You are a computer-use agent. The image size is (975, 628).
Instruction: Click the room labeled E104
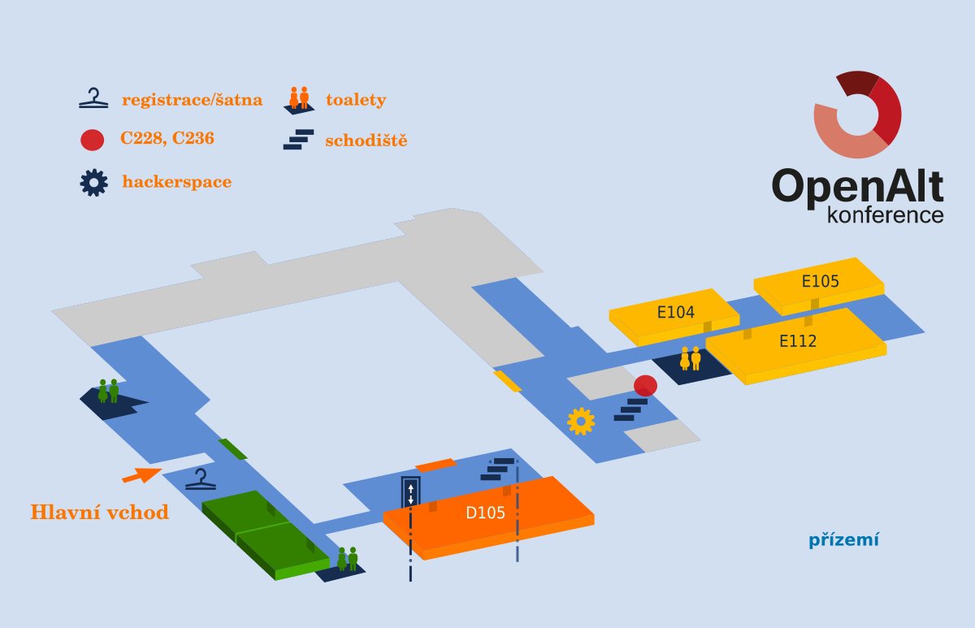point(675,312)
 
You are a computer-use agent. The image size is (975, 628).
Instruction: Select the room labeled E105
point(820,282)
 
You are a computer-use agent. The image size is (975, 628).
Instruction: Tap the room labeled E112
point(797,341)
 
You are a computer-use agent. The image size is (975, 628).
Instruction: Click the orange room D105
point(486,513)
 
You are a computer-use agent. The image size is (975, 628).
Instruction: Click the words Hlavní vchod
point(99,513)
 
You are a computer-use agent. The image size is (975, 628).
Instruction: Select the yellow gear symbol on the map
point(581,421)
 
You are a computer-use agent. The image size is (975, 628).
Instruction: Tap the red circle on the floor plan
point(645,385)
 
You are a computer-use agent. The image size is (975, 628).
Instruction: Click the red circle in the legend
point(93,140)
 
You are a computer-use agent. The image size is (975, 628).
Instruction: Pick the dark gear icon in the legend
point(93,182)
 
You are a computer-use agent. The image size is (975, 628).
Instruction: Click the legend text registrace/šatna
point(192,100)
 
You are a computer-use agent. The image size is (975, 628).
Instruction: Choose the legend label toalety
point(355,100)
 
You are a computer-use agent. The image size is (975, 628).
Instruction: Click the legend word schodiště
point(366,141)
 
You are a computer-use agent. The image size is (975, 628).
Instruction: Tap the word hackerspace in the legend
point(176,182)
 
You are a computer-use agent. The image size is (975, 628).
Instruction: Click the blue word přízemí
point(843,540)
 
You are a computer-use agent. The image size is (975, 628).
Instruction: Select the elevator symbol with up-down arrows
point(411,492)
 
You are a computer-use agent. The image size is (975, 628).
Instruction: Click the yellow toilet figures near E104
point(690,358)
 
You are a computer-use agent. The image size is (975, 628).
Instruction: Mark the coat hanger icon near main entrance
point(201,479)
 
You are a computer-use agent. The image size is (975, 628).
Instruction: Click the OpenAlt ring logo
point(857,115)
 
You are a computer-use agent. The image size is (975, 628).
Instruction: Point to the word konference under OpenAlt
point(885,215)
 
